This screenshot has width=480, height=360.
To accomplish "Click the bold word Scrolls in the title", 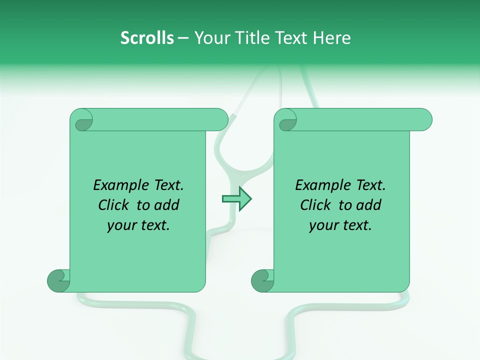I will [x=147, y=38].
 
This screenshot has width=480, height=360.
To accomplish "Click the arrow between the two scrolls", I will [x=236, y=199].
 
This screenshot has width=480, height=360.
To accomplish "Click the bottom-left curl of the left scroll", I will [x=58, y=280].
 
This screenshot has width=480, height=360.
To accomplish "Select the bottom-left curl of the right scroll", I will [x=262, y=280].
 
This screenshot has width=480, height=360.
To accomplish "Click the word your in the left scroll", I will [x=122, y=225].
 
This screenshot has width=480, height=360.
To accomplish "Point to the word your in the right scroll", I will [x=324, y=225].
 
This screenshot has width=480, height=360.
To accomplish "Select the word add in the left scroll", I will [x=167, y=205].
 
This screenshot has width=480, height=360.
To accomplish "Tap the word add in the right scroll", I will [x=369, y=205].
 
